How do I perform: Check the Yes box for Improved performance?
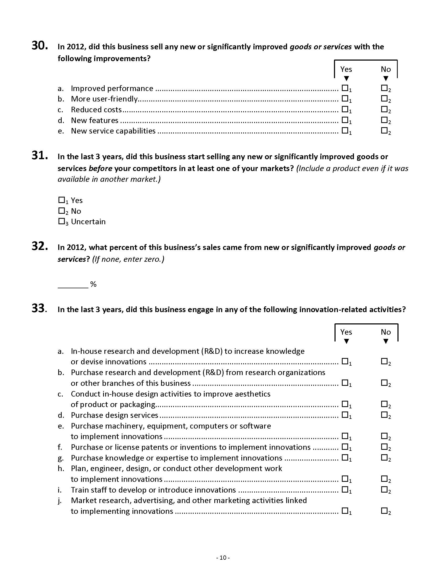345,88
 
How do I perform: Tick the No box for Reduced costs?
384,109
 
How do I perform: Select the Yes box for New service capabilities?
345,130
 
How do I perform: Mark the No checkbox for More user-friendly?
384,98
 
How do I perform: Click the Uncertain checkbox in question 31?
61,221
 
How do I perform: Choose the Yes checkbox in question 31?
61,200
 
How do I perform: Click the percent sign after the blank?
93,284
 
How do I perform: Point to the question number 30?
40,46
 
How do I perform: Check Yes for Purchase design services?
345,414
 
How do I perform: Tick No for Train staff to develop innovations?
384,489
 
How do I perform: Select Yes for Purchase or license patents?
345,446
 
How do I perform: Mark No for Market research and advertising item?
384,511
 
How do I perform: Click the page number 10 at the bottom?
223,558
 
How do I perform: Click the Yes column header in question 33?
346,332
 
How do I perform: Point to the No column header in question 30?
386,69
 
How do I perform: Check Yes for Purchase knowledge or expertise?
345,457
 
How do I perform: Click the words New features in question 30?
95,120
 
